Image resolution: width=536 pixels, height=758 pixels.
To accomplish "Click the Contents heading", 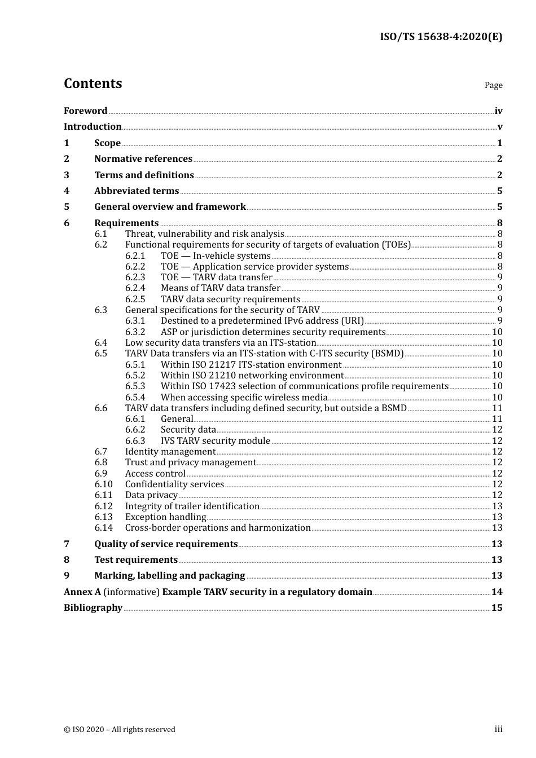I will point(93,83).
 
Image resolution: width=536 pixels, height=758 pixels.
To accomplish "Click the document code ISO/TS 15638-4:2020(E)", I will point(441,37).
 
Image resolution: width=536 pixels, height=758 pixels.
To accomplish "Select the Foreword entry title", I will point(85,111).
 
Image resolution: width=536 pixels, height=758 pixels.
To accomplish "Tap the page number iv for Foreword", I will point(498,111).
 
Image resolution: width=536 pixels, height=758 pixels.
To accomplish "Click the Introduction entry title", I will point(93,127).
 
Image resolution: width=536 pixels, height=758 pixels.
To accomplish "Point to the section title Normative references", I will point(143,159).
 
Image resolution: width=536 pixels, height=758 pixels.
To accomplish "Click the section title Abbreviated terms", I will point(137,191).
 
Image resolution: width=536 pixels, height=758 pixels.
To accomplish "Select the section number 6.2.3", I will point(135,277).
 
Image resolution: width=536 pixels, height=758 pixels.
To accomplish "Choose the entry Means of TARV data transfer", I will point(220,288).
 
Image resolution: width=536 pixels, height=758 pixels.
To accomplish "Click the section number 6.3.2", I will point(135,332).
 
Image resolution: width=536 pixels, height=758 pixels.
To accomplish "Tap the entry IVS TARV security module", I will point(215,441).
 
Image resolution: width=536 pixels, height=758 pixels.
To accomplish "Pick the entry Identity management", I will point(170,452).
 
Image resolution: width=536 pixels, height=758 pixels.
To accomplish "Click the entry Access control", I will point(155,474).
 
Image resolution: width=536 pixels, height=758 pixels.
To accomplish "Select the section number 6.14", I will point(103,528).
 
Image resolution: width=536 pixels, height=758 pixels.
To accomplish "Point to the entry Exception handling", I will point(165,517).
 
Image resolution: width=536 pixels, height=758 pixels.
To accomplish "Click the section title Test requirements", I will point(136,560).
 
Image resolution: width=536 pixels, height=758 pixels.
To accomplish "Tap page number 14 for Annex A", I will point(497,592).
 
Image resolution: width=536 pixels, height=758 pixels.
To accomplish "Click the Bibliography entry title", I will point(93,608).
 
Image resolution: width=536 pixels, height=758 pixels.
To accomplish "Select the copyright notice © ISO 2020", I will point(119,730).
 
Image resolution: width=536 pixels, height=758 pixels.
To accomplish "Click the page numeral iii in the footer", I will point(498,729).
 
